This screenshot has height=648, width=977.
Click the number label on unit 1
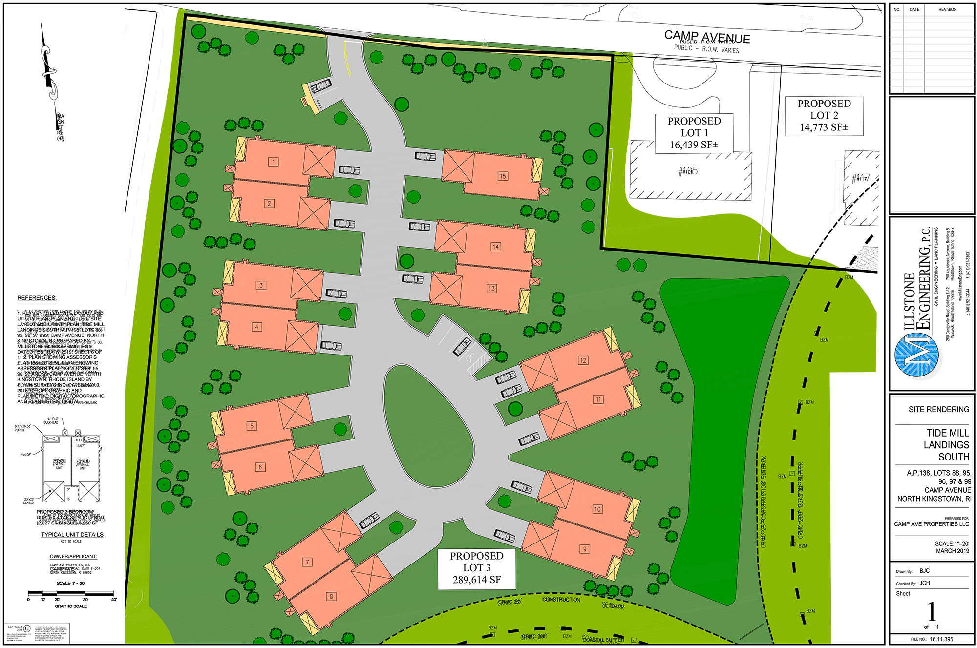coord(274,162)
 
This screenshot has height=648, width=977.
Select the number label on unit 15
coord(502,176)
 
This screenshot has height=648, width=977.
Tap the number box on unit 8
coord(331,596)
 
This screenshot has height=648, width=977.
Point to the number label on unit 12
coord(583,360)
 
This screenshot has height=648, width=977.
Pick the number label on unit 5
coord(252,426)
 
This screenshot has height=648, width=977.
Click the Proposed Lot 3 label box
coord(476,568)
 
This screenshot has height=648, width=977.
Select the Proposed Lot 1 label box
coord(694,133)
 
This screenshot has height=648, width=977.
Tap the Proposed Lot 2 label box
coord(824,116)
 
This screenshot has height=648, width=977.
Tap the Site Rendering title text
coord(938,409)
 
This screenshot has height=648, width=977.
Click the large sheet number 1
coord(932,611)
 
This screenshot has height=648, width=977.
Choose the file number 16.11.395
coord(941,639)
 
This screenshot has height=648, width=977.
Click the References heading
coord(37,298)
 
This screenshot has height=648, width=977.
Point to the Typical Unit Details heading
coord(72,535)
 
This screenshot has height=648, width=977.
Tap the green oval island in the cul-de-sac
coord(428,426)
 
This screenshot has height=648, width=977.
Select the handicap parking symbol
coord(471,357)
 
